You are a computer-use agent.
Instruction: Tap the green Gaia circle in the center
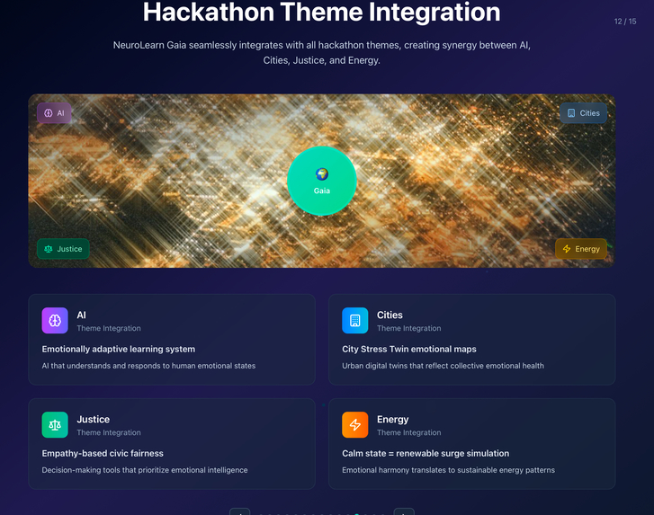321,181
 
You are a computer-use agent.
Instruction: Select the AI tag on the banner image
54,113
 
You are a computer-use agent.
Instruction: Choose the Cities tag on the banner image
583,113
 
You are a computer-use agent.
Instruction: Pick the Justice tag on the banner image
63,249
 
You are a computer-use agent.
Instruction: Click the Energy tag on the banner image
580,249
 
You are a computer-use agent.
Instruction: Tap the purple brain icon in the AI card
55,321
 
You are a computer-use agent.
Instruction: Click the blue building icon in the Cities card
355,321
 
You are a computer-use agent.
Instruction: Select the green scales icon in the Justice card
55,425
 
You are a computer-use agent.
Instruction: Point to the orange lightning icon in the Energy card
355,425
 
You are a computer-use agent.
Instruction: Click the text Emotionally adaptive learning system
119,349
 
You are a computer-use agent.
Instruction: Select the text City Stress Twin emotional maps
409,349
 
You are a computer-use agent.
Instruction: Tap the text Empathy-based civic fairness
103,453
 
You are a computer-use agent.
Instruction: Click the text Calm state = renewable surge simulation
426,453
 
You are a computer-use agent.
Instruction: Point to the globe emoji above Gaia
322,174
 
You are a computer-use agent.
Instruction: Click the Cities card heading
390,315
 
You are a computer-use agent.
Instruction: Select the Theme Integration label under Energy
409,432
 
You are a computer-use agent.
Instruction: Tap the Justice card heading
94,419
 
